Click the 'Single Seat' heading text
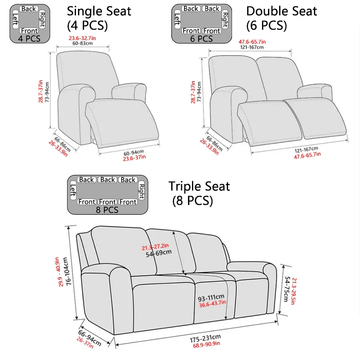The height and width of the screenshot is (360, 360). pyautogui.click(x=99, y=11)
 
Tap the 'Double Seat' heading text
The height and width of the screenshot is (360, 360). pyautogui.click(x=282, y=11)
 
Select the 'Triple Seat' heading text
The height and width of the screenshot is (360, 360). pyautogui.click(x=199, y=186)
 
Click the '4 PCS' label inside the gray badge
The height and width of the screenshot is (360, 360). pyautogui.click(x=29, y=38)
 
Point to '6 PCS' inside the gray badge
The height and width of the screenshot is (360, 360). pyautogui.click(x=201, y=39)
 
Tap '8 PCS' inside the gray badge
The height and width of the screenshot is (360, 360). pyautogui.click(x=107, y=210)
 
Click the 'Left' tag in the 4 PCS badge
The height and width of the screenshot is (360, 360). pyautogui.click(x=15, y=19)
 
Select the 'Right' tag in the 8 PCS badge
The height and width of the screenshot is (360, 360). pyautogui.click(x=142, y=191)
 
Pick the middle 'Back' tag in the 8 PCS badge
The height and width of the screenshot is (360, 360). pyautogui.click(x=108, y=180)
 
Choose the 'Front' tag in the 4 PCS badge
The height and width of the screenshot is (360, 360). pyautogui.click(x=29, y=31)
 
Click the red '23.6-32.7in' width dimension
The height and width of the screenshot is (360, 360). pyautogui.click(x=82, y=38)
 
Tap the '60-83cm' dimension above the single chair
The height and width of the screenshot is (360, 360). pyautogui.click(x=82, y=43)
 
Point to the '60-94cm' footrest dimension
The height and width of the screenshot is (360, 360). pyautogui.click(x=134, y=153)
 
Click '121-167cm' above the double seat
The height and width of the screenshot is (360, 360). pyautogui.click(x=252, y=47)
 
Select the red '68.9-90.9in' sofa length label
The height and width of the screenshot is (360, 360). pyautogui.click(x=206, y=345)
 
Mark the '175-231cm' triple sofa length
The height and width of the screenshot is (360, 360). pyautogui.click(x=205, y=338)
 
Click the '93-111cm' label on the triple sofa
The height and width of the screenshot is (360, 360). pyautogui.click(x=211, y=298)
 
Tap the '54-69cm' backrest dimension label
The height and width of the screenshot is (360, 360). pyautogui.click(x=159, y=253)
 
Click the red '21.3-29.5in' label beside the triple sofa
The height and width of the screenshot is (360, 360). pyautogui.click(x=293, y=291)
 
